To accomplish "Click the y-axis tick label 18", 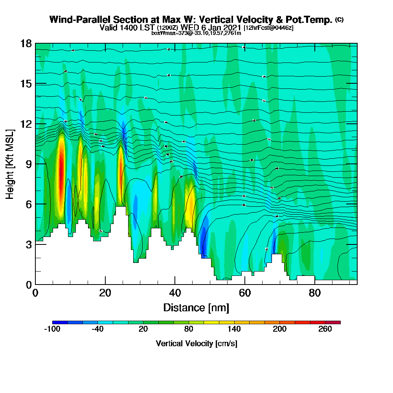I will [26, 44].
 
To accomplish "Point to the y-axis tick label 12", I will [26, 124].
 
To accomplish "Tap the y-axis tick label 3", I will [28, 244].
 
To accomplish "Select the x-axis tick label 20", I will [105, 293].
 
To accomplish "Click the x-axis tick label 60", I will [244, 293].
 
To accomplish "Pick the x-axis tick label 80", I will [314, 293].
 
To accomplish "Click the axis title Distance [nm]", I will [196, 307].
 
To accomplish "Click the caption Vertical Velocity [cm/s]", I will [196, 343].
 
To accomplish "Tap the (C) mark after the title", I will [339, 20].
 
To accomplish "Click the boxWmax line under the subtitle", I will [196, 33].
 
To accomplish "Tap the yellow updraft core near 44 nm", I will [189, 206].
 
